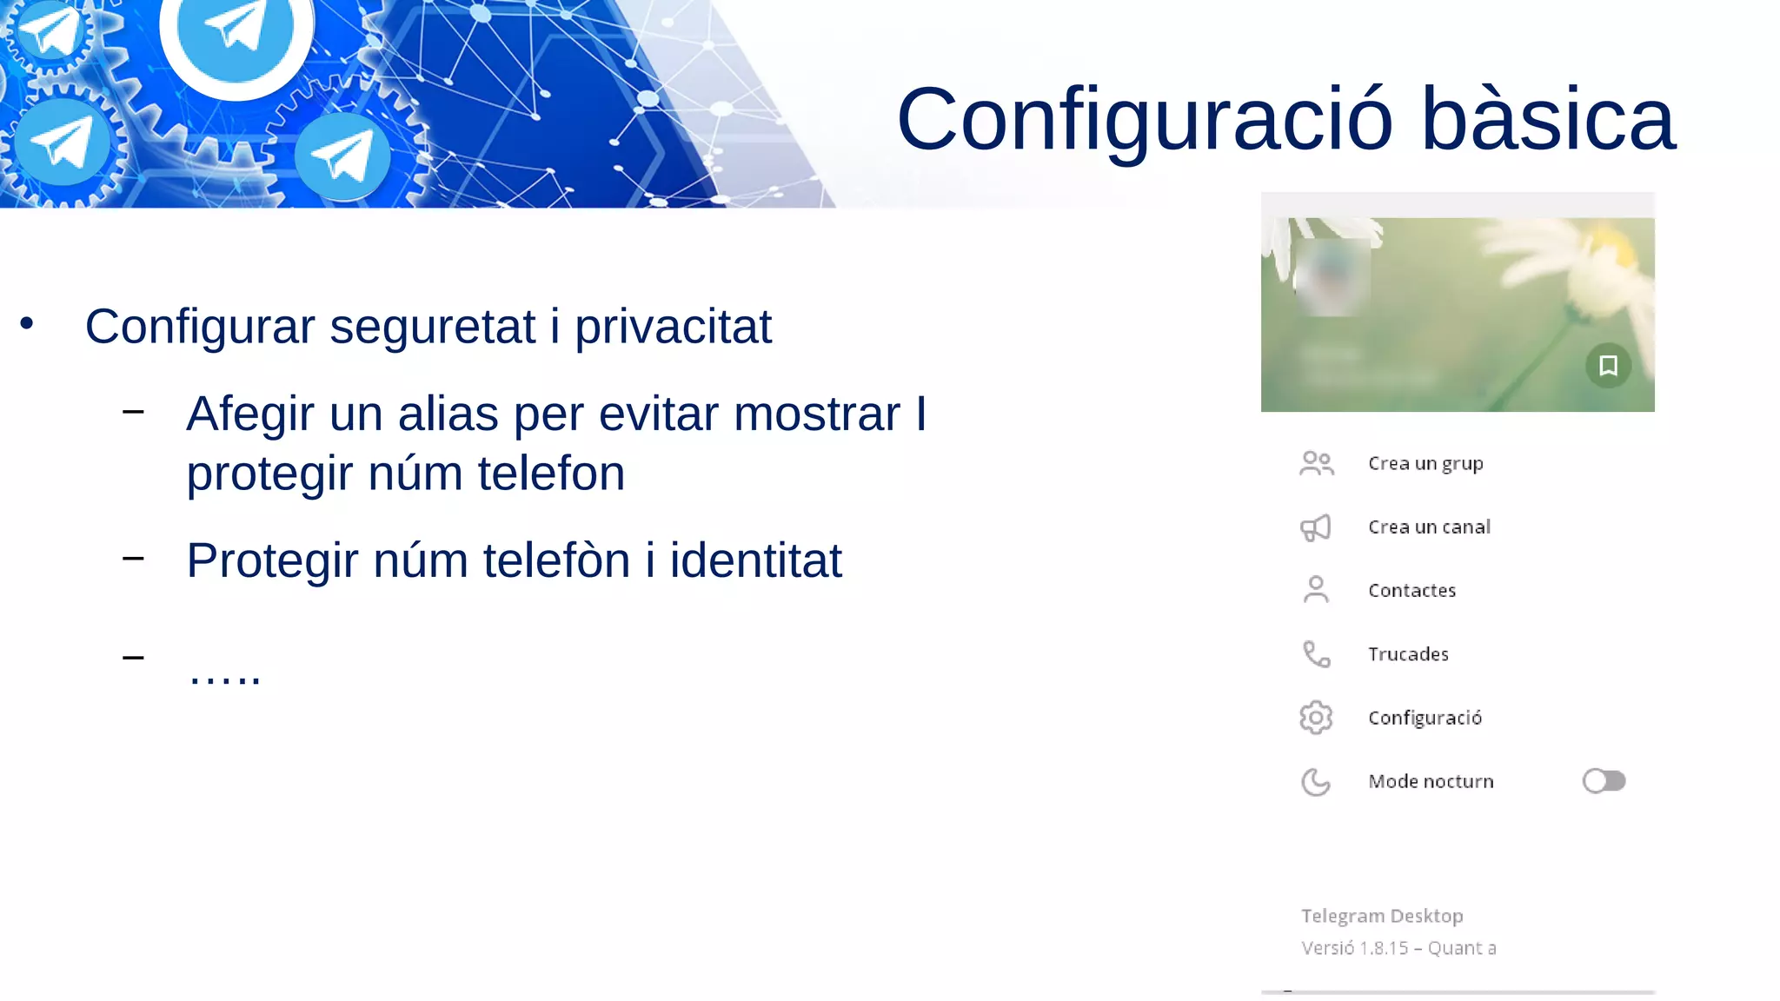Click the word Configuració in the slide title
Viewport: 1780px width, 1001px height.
pyautogui.click(x=1144, y=120)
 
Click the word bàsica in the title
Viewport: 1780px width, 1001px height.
pyautogui.click(x=1547, y=120)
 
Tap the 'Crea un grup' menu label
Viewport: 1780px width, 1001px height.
pyautogui.click(x=1425, y=463)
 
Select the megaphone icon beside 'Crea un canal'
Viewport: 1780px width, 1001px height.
pyautogui.click(x=1316, y=527)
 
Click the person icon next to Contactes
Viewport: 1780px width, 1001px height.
pyautogui.click(x=1316, y=590)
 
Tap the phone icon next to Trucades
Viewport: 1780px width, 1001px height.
pyautogui.click(x=1316, y=654)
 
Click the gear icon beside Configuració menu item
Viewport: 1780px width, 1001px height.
pyautogui.click(x=1316, y=718)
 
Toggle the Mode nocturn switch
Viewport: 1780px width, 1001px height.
pyautogui.click(x=1604, y=781)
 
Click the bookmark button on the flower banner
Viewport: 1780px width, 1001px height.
pyautogui.click(x=1608, y=366)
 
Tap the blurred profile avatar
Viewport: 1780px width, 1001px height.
pyautogui.click(x=1332, y=276)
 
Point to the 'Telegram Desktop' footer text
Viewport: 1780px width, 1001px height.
pyautogui.click(x=1382, y=916)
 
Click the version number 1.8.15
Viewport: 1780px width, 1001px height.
pyautogui.click(x=1384, y=948)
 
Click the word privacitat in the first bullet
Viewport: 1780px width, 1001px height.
pyautogui.click(x=673, y=328)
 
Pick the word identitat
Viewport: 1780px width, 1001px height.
pyautogui.click(x=755, y=561)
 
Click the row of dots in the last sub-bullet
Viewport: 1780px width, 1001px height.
pyautogui.click(x=225, y=675)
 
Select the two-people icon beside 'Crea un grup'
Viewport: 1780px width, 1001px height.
pyautogui.click(x=1316, y=463)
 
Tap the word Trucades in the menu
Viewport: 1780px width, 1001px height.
pyautogui.click(x=1408, y=654)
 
